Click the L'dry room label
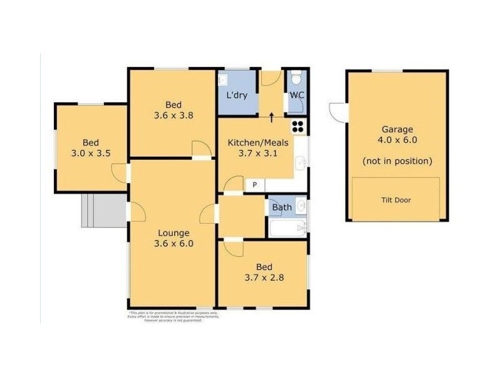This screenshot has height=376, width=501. (x=237, y=96)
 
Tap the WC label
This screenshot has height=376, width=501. (x=297, y=96)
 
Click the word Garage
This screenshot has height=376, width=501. (x=398, y=129)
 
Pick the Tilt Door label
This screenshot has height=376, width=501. (x=396, y=201)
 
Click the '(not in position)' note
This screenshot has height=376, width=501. (x=398, y=161)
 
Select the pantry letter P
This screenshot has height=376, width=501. (x=255, y=184)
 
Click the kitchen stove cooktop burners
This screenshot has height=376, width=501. (x=299, y=125)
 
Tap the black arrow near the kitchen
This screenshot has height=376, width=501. (x=271, y=116)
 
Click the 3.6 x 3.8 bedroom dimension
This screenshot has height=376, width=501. (x=173, y=115)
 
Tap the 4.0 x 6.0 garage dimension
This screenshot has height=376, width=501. (x=398, y=140)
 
